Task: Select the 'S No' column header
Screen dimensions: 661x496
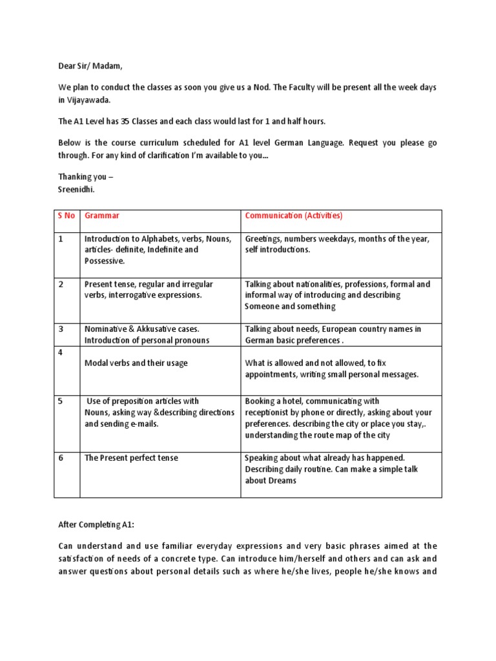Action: coord(66,216)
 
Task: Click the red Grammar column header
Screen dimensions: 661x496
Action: coord(102,216)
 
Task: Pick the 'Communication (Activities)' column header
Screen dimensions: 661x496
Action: coord(294,216)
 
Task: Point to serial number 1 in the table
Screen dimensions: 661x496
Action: coord(61,239)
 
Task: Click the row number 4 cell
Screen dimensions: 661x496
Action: coord(61,352)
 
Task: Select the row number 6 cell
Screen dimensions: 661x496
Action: coord(61,458)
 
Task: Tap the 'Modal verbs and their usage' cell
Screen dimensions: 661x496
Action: coord(136,363)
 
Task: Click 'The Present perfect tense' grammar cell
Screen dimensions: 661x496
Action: coord(131,458)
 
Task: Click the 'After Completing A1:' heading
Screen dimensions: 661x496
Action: coord(97,526)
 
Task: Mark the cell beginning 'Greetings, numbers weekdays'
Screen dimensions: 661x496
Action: coord(336,244)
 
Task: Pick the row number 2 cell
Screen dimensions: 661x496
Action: coord(61,284)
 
